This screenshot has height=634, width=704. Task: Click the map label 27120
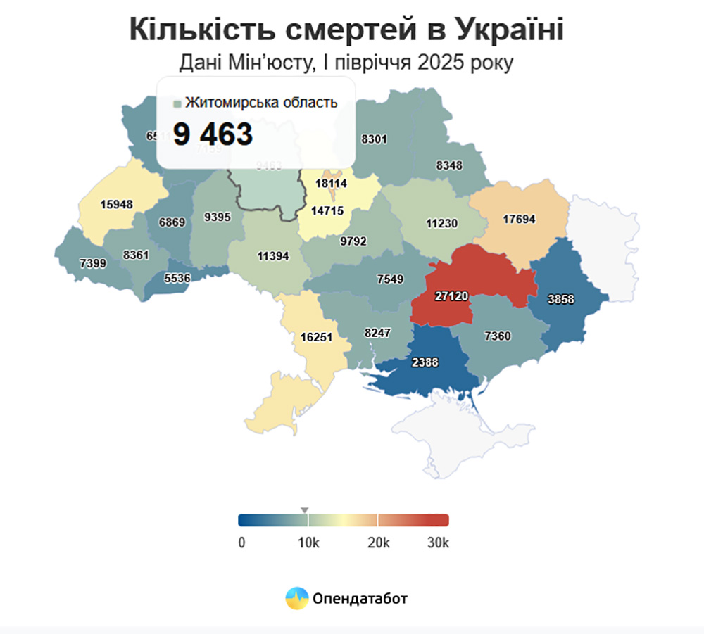[x=451, y=297]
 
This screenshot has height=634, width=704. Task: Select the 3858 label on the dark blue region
[x=561, y=299]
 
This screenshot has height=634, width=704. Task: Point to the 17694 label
[x=520, y=219]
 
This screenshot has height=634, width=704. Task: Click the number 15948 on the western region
[x=116, y=205]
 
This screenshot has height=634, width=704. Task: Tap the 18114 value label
[x=330, y=183]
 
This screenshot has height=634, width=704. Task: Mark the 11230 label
[x=442, y=224]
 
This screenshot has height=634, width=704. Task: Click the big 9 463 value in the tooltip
[x=213, y=134]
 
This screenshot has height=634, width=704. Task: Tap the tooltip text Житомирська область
[x=261, y=103]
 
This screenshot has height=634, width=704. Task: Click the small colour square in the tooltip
[x=177, y=104]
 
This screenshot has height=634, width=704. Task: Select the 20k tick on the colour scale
[x=379, y=543]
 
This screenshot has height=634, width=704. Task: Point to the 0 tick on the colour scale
[x=241, y=543]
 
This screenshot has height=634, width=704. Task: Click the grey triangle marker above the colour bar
[x=305, y=509]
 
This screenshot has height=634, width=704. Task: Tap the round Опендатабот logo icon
[x=296, y=598]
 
